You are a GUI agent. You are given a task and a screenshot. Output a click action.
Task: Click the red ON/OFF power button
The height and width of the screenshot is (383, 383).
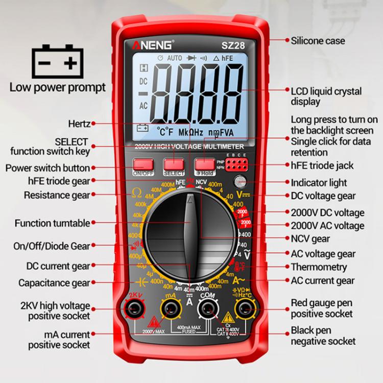point(143,164)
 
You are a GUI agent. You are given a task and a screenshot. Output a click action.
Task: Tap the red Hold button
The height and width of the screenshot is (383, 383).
point(204,164)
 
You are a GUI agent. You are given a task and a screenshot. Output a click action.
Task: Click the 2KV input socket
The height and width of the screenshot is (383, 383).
point(135,308)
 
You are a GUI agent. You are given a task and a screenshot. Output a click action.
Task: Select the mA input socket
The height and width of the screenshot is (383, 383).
point(171,308)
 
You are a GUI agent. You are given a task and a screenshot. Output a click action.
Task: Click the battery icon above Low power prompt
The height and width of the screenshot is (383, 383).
point(57,62)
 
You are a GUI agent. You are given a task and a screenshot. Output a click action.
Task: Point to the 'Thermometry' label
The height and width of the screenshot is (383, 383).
point(319,267)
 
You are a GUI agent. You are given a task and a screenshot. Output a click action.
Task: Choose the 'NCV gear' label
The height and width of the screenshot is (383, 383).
point(310,238)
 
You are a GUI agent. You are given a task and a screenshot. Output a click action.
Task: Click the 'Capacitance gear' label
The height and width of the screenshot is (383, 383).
point(54,282)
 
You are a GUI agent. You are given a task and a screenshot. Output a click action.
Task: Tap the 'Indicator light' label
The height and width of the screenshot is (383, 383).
point(319,182)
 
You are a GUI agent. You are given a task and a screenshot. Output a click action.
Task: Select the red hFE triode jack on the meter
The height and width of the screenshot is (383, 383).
point(236,164)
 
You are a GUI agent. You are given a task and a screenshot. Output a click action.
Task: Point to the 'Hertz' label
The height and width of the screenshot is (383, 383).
point(79,124)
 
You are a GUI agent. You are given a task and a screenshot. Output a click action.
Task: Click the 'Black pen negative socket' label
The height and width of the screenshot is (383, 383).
point(323,336)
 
